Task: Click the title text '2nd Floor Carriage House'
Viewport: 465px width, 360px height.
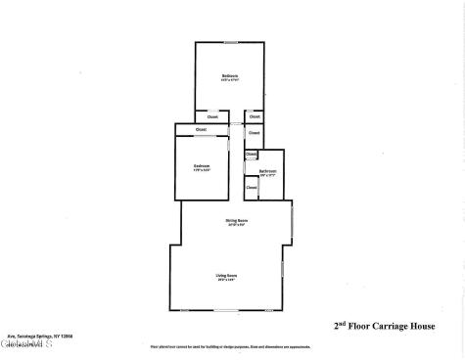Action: pos(377,327)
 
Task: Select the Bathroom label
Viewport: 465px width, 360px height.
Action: pos(268,171)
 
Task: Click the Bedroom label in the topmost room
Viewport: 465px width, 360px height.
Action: pos(230,76)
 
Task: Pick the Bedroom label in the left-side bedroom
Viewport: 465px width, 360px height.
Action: pos(202,166)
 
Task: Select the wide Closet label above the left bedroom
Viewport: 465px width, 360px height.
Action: pos(201,129)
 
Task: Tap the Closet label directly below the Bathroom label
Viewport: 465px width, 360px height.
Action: pos(252,187)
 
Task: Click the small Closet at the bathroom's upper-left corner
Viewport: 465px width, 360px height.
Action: pos(251,154)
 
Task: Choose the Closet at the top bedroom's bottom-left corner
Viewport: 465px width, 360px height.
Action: pos(211,116)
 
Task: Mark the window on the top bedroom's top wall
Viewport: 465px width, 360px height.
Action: pos(230,41)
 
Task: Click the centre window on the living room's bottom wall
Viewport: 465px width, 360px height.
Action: pos(226,311)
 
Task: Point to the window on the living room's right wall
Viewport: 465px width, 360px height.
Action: pos(282,268)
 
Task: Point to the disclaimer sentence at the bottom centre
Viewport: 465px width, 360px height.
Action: pos(235,347)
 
